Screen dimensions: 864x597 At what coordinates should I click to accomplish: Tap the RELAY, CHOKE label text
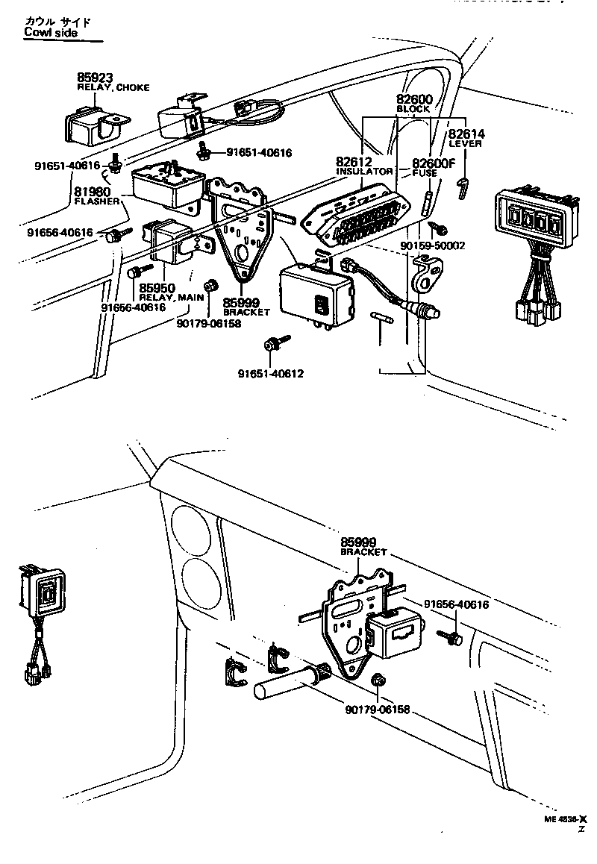click(113, 87)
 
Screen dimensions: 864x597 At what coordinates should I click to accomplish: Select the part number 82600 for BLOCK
click(413, 98)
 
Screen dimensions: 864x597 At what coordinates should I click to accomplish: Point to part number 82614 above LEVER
click(466, 134)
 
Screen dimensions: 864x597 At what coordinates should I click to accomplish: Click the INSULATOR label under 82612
click(364, 171)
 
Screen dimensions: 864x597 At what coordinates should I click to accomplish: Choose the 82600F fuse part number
click(434, 163)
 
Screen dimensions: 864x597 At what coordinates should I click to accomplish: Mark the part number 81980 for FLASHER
click(93, 191)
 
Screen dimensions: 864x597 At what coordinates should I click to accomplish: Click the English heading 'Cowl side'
click(51, 32)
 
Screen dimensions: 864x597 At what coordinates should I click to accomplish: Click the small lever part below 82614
click(463, 187)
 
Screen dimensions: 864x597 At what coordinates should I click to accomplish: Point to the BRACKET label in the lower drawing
click(363, 552)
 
